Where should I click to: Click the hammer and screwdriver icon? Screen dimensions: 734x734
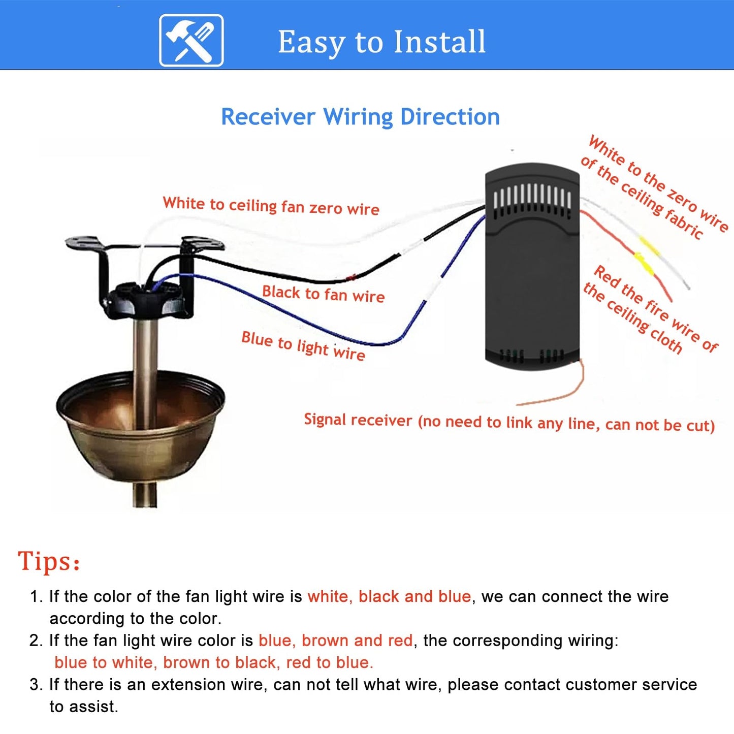pyautogui.click(x=191, y=40)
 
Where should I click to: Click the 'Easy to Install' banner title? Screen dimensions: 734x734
pyautogui.click(x=381, y=42)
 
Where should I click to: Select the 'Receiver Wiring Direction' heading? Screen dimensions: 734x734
pyautogui.click(x=360, y=116)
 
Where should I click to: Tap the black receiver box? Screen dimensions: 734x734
pyautogui.click(x=532, y=267)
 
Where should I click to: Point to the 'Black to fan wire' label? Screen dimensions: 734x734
pyautogui.click(x=324, y=294)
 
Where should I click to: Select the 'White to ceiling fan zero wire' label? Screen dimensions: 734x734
pyautogui.click(x=271, y=206)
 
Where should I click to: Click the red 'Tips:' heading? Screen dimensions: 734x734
pyautogui.click(x=49, y=561)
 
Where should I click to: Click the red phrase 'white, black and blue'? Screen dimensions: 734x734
pyautogui.click(x=389, y=596)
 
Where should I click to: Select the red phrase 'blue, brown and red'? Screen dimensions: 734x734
pyautogui.click(x=336, y=641)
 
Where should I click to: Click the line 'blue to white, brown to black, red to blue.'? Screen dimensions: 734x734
pyautogui.click(x=214, y=662)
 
